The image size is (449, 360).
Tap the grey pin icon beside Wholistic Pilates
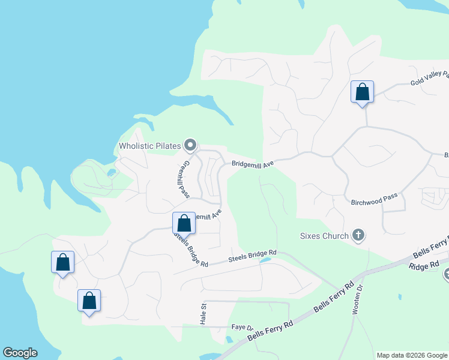[190, 145]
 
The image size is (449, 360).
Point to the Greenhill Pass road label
[184, 179]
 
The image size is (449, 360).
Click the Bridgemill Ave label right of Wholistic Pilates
[253, 163]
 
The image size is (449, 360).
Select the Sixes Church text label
[324, 236]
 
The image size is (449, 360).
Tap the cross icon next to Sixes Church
[358, 235]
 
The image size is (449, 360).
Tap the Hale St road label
[203, 313]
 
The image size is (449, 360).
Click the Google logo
[20, 353]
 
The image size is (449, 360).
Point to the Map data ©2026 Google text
[412, 355]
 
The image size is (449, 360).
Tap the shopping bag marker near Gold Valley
[362, 92]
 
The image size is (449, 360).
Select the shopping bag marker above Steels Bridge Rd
[184, 223]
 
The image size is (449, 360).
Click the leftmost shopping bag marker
[62, 262]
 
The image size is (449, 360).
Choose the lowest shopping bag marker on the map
[89, 301]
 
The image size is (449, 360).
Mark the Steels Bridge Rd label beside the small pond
[252, 257]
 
